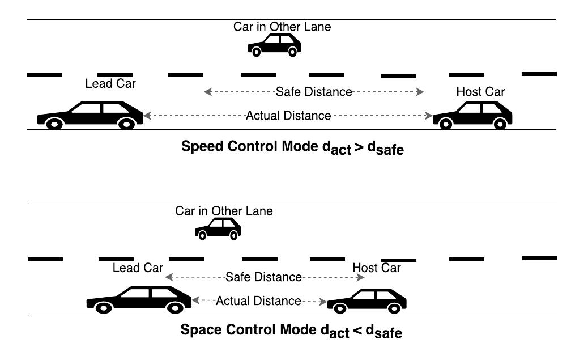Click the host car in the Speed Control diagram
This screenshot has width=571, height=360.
(x=473, y=115)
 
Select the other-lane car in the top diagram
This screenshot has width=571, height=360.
(x=274, y=45)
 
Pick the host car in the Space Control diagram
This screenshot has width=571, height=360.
(x=367, y=300)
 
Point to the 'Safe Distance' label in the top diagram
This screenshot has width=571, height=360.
(x=314, y=92)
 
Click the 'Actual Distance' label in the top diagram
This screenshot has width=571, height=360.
(x=288, y=116)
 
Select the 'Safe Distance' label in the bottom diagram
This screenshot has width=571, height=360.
(x=263, y=277)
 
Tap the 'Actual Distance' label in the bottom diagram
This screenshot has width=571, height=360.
(x=258, y=300)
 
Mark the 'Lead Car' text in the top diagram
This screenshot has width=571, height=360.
(x=110, y=84)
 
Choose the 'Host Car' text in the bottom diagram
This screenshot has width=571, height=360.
(x=376, y=268)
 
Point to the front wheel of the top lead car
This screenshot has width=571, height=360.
(x=54, y=124)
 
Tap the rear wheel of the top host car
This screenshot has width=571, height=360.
(x=499, y=124)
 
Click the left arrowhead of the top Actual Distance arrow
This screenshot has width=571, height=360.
(x=147, y=116)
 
